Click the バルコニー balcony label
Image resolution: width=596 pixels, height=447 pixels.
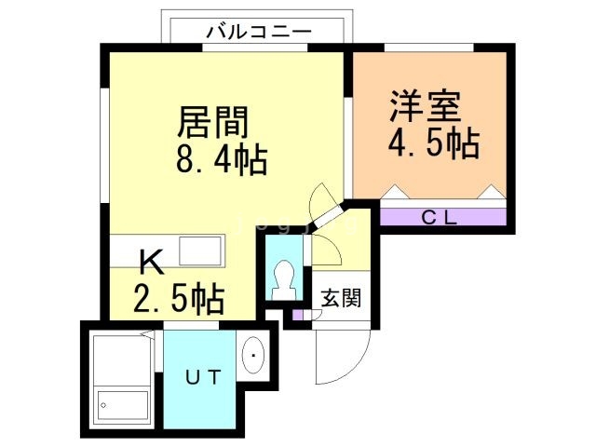258,31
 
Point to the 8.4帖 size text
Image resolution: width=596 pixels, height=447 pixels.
222,162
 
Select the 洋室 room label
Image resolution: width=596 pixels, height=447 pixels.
426,106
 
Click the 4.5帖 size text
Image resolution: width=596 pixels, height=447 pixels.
433,143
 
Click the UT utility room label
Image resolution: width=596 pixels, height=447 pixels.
201,377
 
